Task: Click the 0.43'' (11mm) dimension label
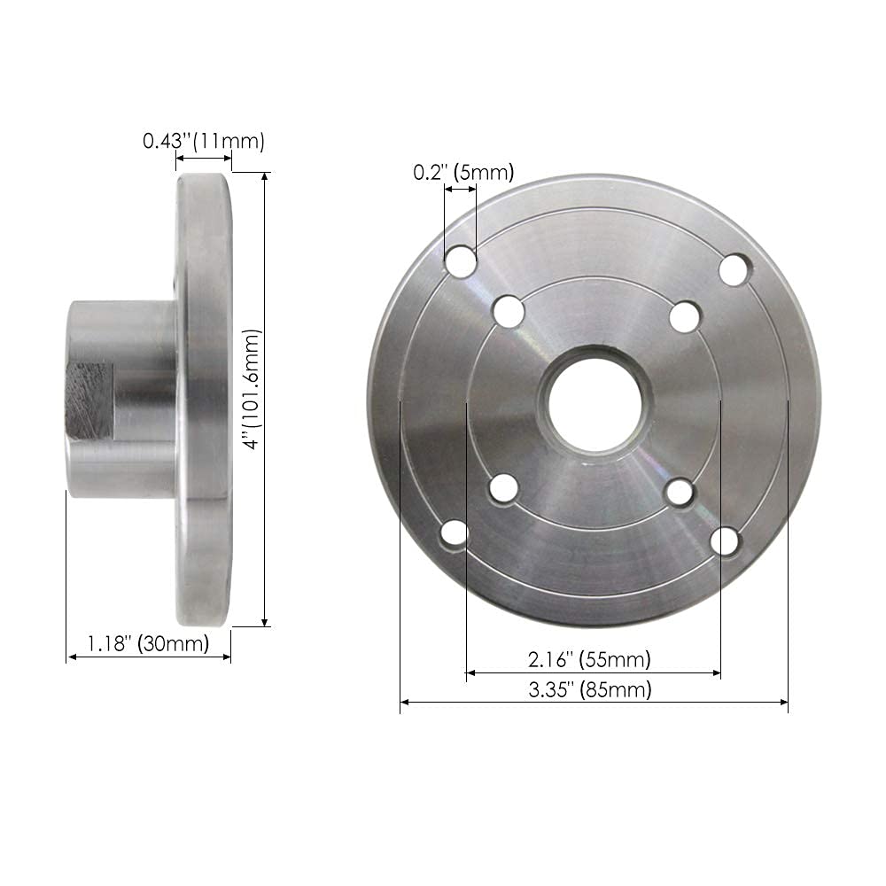coord(204,141)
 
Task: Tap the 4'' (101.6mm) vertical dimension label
coord(253,390)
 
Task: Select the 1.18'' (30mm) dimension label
coord(147,642)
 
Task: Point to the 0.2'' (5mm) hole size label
coord(463,173)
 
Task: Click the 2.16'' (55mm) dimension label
coord(589,659)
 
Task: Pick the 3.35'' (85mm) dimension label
coord(589,690)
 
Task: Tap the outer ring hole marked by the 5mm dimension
coord(460,261)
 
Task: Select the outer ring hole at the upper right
coord(734,269)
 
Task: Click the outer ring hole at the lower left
coord(455,533)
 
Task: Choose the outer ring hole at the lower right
coord(725,540)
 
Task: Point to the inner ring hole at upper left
coord(508,311)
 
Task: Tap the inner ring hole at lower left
coord(503,488)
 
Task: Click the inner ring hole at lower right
coord(680,493)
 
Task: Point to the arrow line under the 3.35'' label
coord(594,703)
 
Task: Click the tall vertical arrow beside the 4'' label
coord(265,399)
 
